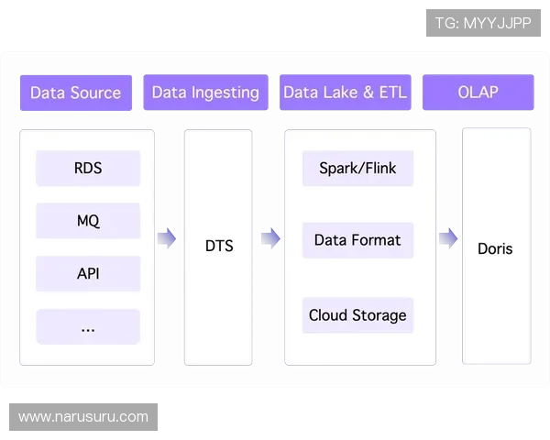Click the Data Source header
[75, 93]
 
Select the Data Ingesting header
[205, 93]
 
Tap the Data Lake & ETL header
[345, 93]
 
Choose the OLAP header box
[478, 93]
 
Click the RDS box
[88, 169]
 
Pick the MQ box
[88, 221]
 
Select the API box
[88, 274]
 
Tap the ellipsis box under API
[88, 327]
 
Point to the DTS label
[219, 246]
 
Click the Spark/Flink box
[357, 169]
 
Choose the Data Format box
[357, 240]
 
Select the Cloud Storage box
[357, 315]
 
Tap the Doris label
[495, 248]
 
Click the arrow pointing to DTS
[166, 239]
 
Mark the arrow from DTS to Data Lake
[270, 239]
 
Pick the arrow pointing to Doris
[447, 239]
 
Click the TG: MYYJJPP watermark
[483, 23]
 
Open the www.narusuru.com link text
[83, 417]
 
